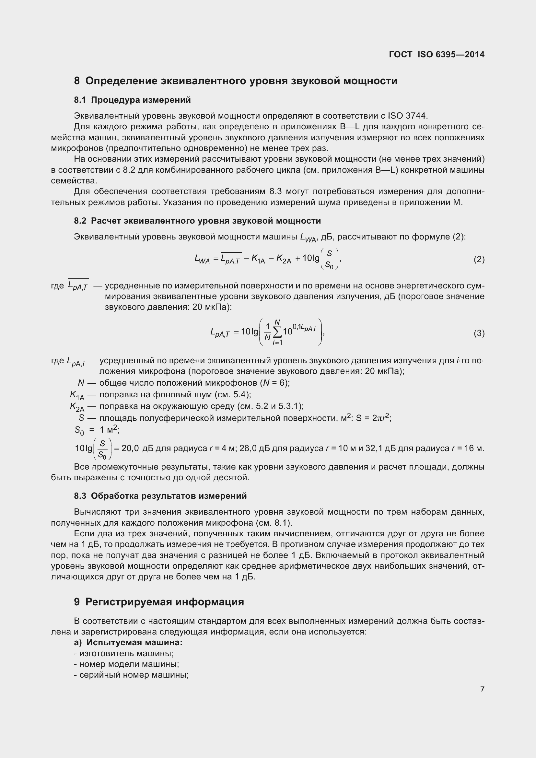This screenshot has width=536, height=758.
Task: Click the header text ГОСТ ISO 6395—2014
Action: (437, 54)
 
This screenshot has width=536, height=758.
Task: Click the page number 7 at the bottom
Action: (482, 689)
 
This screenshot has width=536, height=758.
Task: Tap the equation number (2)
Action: (479, 260)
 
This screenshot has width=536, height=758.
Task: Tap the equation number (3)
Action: (479, 333)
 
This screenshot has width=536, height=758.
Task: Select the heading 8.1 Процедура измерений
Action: (132, 100)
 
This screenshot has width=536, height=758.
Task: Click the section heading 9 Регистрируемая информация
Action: (159, 602)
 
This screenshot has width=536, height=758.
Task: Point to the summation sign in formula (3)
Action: (277, 332)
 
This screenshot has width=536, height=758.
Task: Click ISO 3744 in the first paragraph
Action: (408, 116)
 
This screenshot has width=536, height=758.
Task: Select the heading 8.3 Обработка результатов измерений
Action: (160, 496)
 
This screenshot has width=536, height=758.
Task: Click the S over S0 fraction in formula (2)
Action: (329, 259)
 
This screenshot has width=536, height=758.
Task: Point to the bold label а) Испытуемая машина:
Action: (128, 642)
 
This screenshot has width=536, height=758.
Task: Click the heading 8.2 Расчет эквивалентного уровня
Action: (197, 221)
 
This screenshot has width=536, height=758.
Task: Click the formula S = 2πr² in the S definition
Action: (373, 418)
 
